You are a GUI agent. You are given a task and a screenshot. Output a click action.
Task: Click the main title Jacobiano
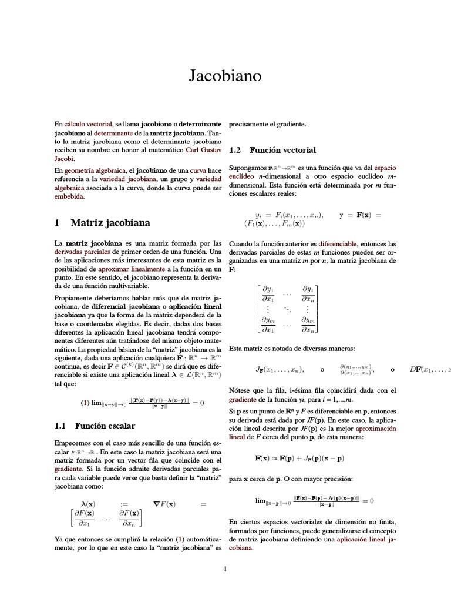click(225, 76)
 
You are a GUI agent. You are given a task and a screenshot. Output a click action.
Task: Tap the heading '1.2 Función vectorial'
click(272, 150)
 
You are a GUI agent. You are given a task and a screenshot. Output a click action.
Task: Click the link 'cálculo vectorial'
click(87, 125)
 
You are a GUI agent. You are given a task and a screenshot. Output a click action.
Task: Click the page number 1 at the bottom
click(225, 568)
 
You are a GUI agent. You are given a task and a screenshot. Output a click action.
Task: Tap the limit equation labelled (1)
click(141, 403)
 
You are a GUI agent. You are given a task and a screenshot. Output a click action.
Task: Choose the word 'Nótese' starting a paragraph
click(240, 390)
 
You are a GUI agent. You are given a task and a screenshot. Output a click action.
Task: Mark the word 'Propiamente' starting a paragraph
click(74, 298)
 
